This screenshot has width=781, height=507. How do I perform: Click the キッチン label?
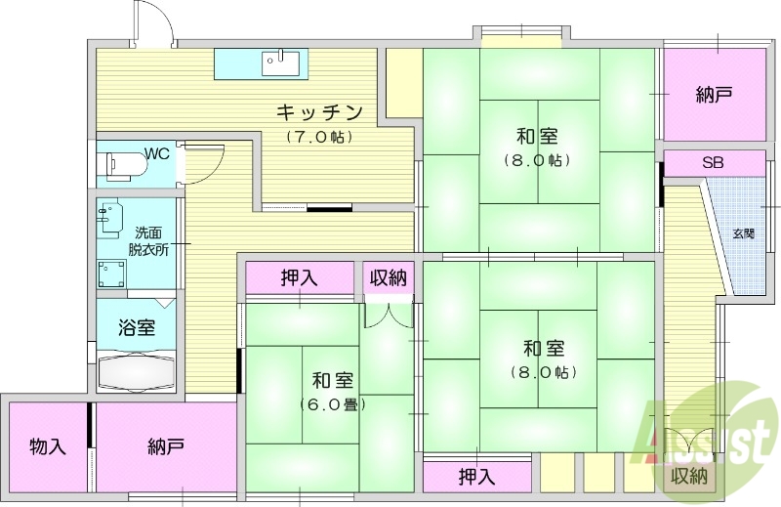[319, 110]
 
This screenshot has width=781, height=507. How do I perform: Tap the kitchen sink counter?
[261, 63]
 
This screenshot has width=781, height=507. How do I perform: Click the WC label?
[157, 152]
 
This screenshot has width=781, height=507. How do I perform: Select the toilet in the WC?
[122, 164]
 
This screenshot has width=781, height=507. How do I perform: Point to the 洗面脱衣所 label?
[148, 240]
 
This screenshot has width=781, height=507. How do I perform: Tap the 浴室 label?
[137, 327]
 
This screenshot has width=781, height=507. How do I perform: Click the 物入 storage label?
[47, 446]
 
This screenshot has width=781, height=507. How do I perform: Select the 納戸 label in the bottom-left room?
[166, 446]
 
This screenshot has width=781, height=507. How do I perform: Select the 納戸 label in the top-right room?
[714, 95]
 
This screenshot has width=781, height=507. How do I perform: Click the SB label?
[713, 162]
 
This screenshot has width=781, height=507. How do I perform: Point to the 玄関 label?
[744, 233]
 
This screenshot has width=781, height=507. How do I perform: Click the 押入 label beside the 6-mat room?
[299, 276]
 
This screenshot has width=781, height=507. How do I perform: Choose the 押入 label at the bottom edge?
[476, 477]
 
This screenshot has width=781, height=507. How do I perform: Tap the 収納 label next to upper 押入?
[388, 276]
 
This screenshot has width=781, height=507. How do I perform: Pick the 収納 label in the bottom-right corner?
[689, 477]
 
